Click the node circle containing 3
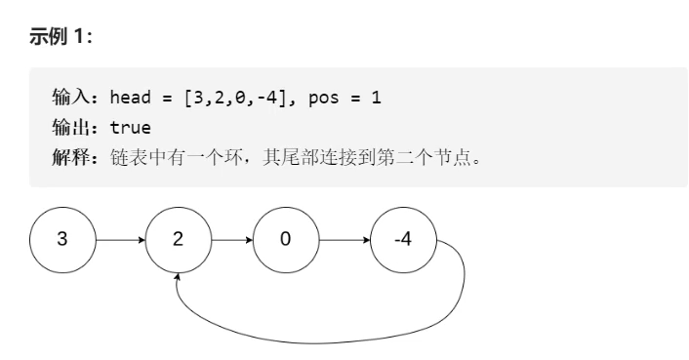click(62, 238)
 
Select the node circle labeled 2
click(178, 238)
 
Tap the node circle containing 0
click(285, 238)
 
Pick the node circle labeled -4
click(403, 238)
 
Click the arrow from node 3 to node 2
click(120, 238)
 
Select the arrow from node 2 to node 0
click(231, 238)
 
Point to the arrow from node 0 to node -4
click(344, 238)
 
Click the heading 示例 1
click(66, 37)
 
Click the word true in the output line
click(130, 127)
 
